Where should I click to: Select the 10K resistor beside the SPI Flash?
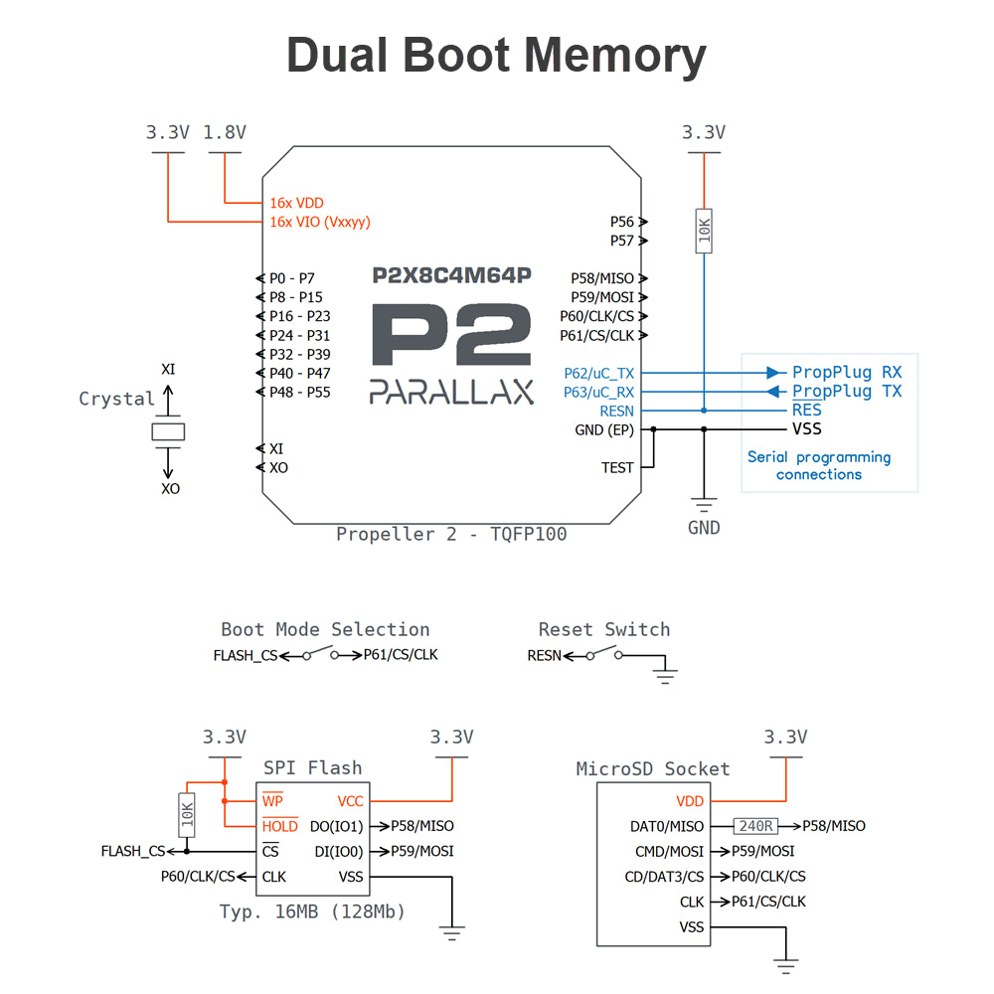pyautogui.click(x=187, y=814)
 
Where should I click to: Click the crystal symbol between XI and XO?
pyautogui.click(x=168, y=430)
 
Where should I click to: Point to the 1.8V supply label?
pyautogui.click(x=225, y=132)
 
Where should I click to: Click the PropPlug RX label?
pyautogui.click(x=846, y=373)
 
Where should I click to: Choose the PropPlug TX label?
pyautogui.click(x=846, y=392)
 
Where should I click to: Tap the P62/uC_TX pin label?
pyautogui.click(x=598, y=374)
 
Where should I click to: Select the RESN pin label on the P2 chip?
pyautogui.click(x=616, y=411)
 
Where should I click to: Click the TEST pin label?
pyautogui.click(x=617, y=467)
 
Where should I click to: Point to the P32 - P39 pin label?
pyautogui.click(x=299, y=355)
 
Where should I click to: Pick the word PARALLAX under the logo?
pyautogui.click(x=451, y=392)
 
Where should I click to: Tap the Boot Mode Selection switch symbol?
pyautogui.click(x=320, y=654)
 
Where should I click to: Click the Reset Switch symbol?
pyautogui.click(x=602, y=654)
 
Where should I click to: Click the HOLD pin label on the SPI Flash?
pyautogui.click(x=279, y=826)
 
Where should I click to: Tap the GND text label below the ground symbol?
pyautogui.click(x=704, y=528)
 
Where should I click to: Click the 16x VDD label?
pyautogui.click(x=296, y=203)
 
